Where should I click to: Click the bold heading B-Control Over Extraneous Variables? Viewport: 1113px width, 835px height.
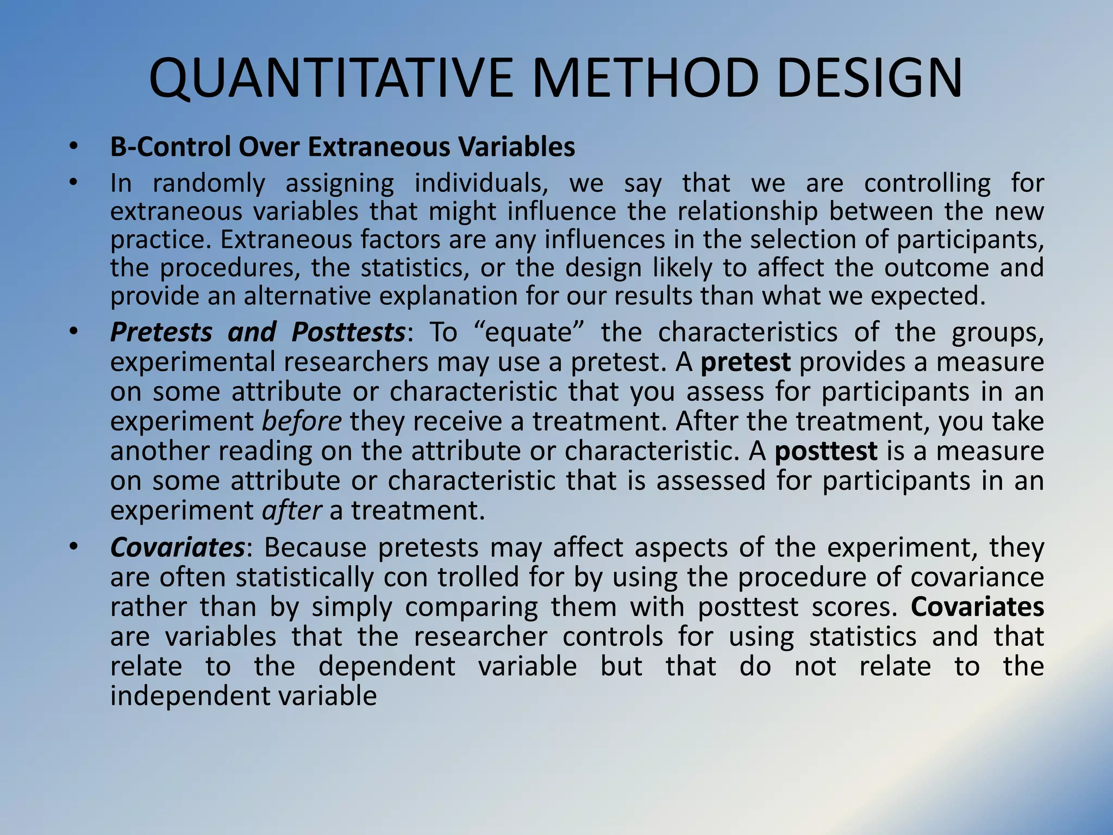(x=342, y=147)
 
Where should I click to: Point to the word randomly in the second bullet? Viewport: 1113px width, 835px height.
(x=208, y=183)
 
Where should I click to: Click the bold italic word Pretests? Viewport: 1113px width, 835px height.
(x=161, y=332)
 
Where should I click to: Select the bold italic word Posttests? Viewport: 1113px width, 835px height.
(x=348, y=332)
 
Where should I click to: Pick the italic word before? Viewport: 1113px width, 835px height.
(x=302, y=422)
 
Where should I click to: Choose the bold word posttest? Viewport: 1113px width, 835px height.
(x=826, y=452)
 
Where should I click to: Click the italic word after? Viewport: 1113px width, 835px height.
(x=292, y=511)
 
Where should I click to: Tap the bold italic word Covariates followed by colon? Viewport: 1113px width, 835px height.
(x=177, y=547)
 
